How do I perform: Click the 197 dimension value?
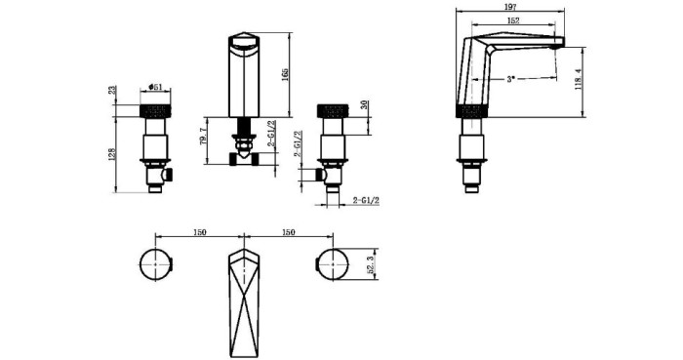[510, 7]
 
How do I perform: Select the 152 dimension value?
[513, 20]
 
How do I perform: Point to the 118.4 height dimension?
[579, 79]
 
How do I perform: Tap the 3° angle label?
[510, 79]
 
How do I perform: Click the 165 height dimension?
[284, 75]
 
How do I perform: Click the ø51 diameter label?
[155, 87]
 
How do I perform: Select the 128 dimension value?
[111, 154]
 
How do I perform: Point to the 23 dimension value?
[112, 90]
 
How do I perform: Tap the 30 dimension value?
[365, 105]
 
